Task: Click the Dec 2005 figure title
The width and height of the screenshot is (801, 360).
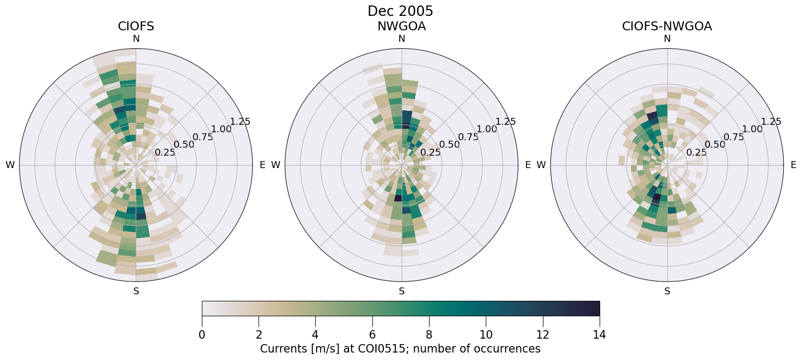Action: point(400,11)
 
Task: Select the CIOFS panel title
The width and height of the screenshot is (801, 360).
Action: point(136,26)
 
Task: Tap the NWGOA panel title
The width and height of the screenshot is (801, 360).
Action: point(401,26)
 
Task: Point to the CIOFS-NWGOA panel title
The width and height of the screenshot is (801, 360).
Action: point(667,26)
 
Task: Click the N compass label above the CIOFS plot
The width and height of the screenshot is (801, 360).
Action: point(136,39)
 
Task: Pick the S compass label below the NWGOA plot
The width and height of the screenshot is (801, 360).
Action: point(402,291)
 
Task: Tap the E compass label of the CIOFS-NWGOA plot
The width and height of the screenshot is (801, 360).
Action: point(793,165)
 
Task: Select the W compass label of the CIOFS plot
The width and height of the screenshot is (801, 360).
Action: point(10,165)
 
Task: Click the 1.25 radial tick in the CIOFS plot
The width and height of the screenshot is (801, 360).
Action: point(240,121)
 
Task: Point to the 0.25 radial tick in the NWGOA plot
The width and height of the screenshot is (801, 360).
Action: point(431,153)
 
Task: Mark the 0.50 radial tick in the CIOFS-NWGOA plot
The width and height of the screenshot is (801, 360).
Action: point(715,145)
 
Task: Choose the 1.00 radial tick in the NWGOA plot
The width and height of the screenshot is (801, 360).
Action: point(487,129)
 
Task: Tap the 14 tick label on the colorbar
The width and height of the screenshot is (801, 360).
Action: point(599,335)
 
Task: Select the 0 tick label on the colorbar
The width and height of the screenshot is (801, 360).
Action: point(202,335)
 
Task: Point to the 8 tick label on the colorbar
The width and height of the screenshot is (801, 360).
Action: point(429,335)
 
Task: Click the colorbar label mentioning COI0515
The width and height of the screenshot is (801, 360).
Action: point(400,349)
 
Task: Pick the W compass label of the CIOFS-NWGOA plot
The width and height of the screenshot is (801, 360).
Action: point(541,165)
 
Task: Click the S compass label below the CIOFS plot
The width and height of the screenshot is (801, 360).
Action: point(136,291)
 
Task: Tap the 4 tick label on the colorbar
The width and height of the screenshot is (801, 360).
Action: point(315,335)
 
